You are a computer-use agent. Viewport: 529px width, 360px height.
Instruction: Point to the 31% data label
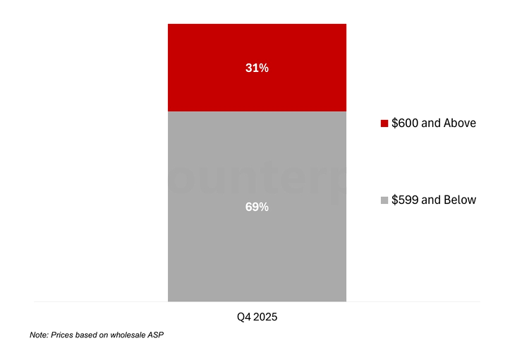(257, 68)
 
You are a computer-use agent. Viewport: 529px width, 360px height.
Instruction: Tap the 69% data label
(257, 208)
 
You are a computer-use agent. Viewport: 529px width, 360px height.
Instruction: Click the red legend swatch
(384, 124)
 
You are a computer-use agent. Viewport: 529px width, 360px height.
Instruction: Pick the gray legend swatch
(384, 200)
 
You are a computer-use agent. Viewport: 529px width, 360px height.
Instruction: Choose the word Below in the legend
(459, 200)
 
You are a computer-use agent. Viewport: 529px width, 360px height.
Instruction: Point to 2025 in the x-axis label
(265, 317)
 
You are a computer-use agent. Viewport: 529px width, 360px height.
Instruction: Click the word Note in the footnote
(39, 335)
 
